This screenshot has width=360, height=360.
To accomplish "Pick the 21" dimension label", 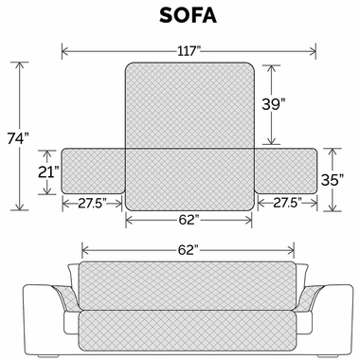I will [46, 172].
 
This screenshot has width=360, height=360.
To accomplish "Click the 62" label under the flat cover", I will [188, 219].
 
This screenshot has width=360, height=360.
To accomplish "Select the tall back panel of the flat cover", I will [189, 104].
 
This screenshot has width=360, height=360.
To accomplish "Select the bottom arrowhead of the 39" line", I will [272, 143].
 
